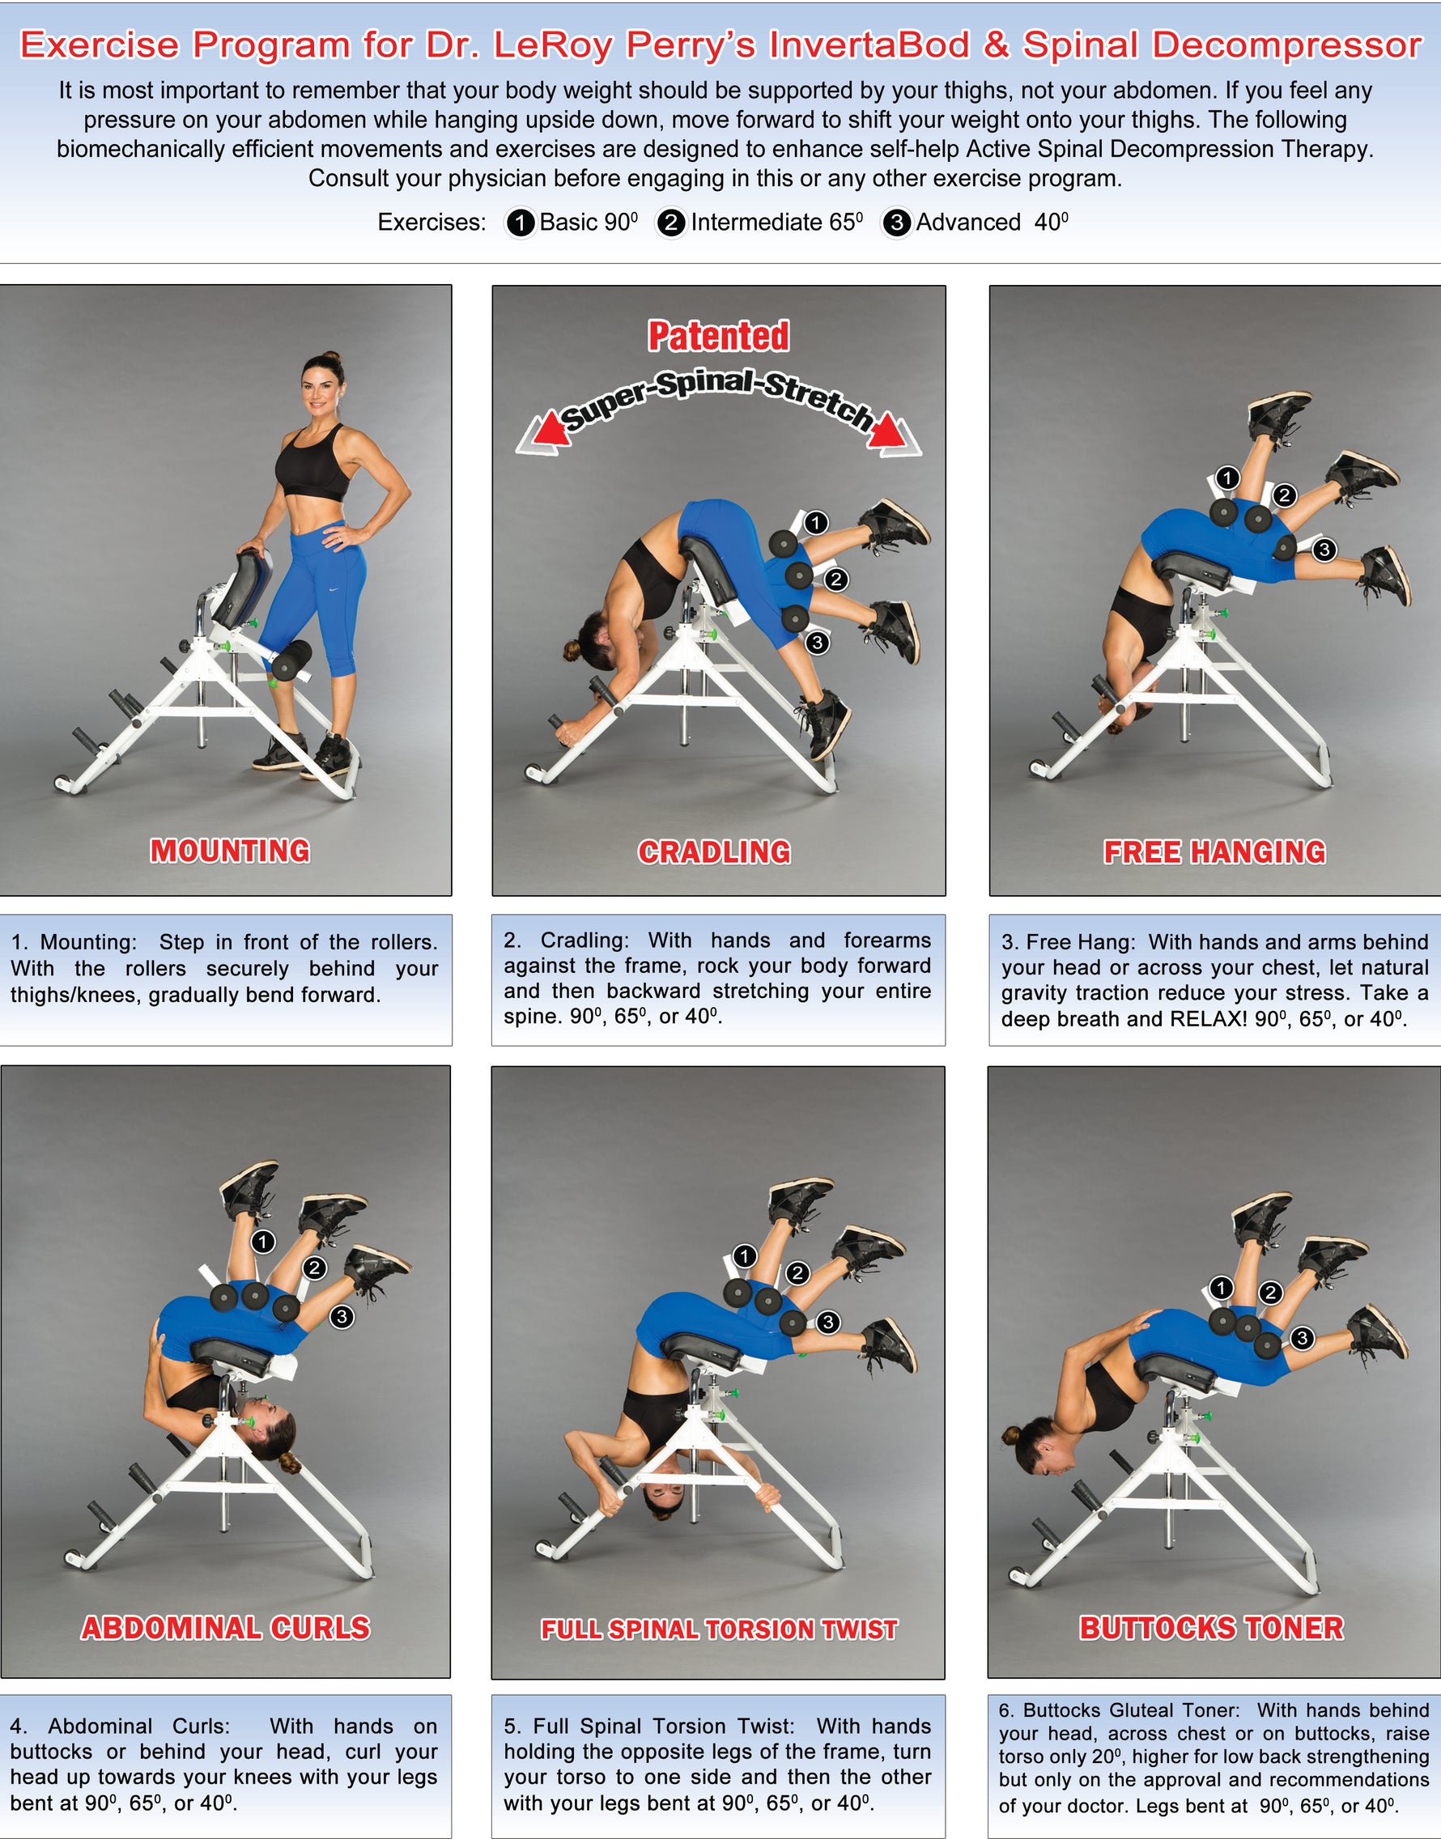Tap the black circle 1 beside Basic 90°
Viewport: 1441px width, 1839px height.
pos(521,223)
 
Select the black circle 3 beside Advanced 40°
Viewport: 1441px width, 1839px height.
pos(897,223)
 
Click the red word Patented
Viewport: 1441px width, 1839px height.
pos(718,336)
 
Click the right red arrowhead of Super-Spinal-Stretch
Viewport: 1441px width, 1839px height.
pos(887,432)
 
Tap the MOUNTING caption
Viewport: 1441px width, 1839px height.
pos(229,851)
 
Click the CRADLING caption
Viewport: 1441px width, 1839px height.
pos(715,852)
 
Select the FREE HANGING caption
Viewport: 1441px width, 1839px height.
pos(1214,852)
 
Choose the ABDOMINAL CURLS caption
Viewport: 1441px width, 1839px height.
pos(225,1628)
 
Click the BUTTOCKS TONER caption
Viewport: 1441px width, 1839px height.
pos(1212,1628)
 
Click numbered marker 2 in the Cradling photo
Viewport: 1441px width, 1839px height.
pos(836,580)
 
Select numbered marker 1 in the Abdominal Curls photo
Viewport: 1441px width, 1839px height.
pos(263,1242)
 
